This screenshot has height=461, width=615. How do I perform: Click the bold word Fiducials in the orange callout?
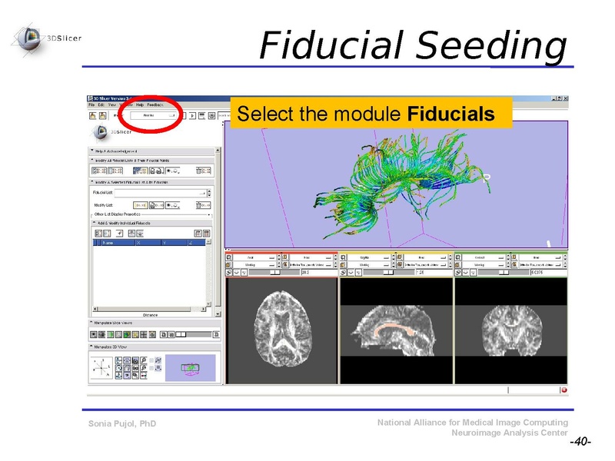point(451,114)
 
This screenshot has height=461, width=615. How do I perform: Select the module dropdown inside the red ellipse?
point(151,114)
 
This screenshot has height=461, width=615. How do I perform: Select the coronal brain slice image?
point(510,330)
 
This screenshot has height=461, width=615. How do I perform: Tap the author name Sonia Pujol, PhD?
point(122,423)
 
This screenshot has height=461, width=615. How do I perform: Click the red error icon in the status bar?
point(563,390)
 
